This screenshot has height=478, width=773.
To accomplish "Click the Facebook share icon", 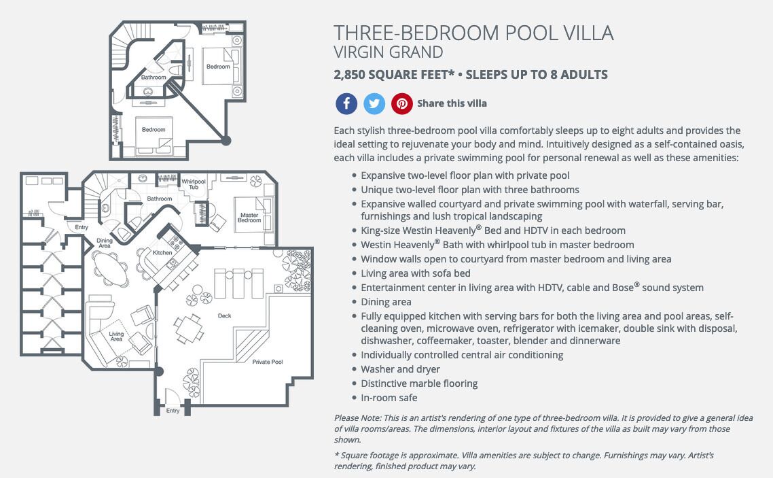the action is (x=346, y=103).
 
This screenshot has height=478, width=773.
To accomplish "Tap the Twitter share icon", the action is (x=374, y=103).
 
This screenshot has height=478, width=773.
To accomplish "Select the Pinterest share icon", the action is (x=401, y=103).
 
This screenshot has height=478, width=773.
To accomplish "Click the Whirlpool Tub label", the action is (x=193, y=184).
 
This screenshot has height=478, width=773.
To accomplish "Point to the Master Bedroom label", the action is (x=249, y=218).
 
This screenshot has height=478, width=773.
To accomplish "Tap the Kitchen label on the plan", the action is (x=162, y=252).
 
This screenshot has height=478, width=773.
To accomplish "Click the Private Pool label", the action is (x=267, y=362).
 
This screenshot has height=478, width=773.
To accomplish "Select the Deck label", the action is (x=224, y=315).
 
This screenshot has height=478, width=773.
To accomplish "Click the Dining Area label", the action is (x=105, y=243).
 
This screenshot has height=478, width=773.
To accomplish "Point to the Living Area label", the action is (x=116, y=337).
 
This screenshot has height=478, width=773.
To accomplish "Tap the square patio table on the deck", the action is (x=189, y=328).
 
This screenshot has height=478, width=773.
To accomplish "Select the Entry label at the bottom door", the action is (x=173, y=411).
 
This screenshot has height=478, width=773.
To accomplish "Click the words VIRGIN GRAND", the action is (x=389, y=52).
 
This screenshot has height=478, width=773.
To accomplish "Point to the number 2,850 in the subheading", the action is (x=349, y=75).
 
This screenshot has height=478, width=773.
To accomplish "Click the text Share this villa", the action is (x=452, y=103).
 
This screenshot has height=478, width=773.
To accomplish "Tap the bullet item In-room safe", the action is (x=389, y=398).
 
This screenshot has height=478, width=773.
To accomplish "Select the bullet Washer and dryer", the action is (x=400, y=369).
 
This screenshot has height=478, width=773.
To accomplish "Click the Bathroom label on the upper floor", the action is (x=154, y=78).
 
